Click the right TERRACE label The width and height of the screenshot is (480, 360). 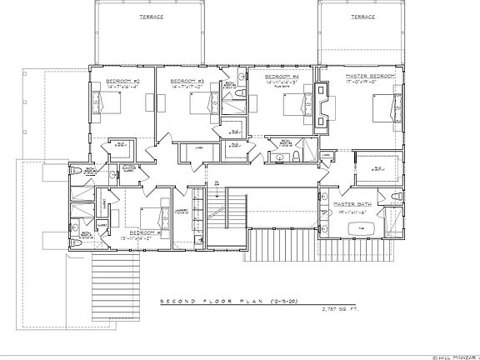pos(362,17)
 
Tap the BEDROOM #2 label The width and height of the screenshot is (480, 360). pos(122,81)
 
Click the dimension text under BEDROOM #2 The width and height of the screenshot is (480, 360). pos(122,87)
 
